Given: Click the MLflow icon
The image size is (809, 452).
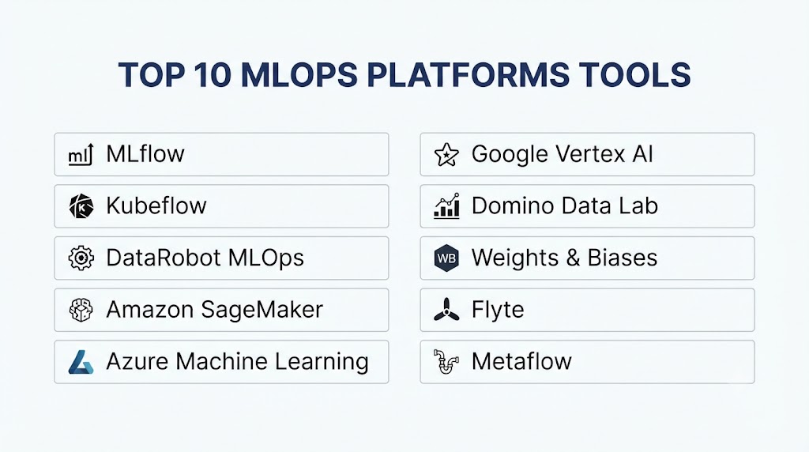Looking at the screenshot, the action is (x=81, y=154).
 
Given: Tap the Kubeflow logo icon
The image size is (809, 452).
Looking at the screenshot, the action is (x=81, y=206).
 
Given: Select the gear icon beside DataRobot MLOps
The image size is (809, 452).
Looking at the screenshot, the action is (x=81, y=258).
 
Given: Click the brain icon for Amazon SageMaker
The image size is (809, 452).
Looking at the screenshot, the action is (x=81, y=310).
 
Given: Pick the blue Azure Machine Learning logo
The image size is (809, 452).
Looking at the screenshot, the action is (x=81, y=362).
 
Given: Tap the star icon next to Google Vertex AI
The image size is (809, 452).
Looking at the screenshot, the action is (x=446, y=154).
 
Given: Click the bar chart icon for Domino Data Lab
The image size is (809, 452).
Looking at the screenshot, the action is (x=446, y=206).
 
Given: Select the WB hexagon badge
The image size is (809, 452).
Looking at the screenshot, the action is (x=446, y=258).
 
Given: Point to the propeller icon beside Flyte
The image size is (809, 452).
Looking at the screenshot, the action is (x=446, y=310).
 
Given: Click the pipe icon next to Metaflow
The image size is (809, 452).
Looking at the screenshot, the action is (x=446, y=362).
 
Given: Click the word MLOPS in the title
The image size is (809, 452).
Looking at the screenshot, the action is (x=299, y=74).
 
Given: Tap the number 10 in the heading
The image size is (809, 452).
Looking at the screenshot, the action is (x=213, y=74).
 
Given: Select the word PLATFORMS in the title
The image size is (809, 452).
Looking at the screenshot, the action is (x=468, y=74).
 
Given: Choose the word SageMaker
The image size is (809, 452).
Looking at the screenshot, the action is (x=262, y=310).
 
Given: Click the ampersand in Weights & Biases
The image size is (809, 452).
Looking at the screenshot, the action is (x=573, y=258).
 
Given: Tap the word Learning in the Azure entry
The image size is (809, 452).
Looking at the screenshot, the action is (x=322, y=362).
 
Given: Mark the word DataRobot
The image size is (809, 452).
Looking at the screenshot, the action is (x=164, y=258).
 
